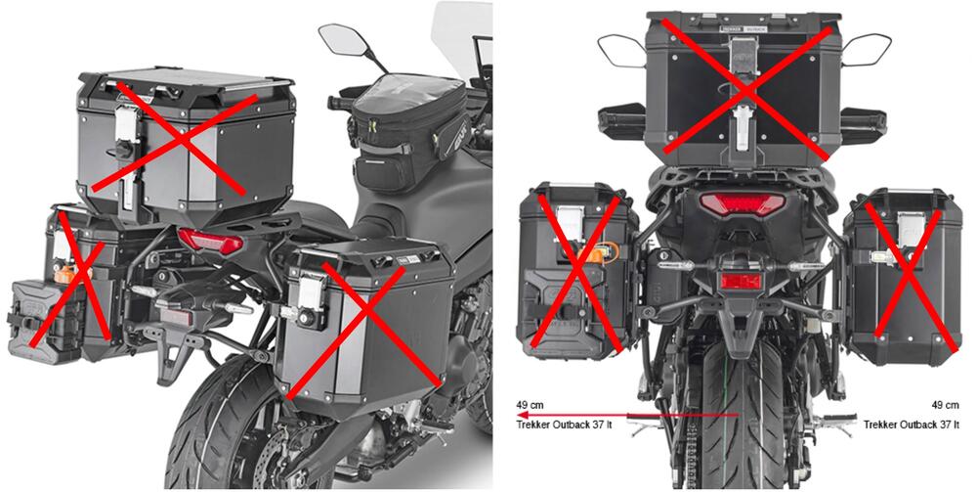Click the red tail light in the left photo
tap(210, 242)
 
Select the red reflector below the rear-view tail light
tap(742, 282)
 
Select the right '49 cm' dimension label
tap(946, 403)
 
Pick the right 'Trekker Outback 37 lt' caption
tap(912, 425)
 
